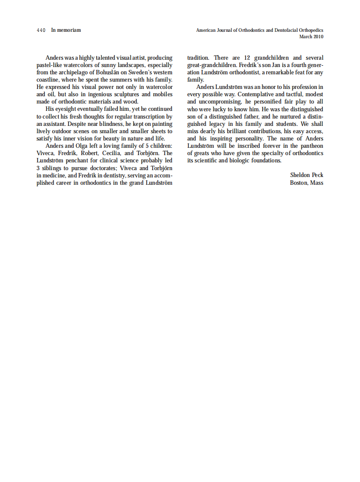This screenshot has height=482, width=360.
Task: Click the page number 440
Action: [41, 30]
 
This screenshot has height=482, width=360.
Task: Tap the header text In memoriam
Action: [66, 30]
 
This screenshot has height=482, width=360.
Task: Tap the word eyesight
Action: [68, 109]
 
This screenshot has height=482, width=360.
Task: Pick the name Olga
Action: [83, 146]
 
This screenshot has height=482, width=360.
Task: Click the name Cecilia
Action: [111, 153]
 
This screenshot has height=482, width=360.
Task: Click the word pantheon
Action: [311, 146]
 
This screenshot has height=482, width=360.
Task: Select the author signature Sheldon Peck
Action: [306, 175]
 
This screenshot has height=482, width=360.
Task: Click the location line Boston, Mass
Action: [306, 183]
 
